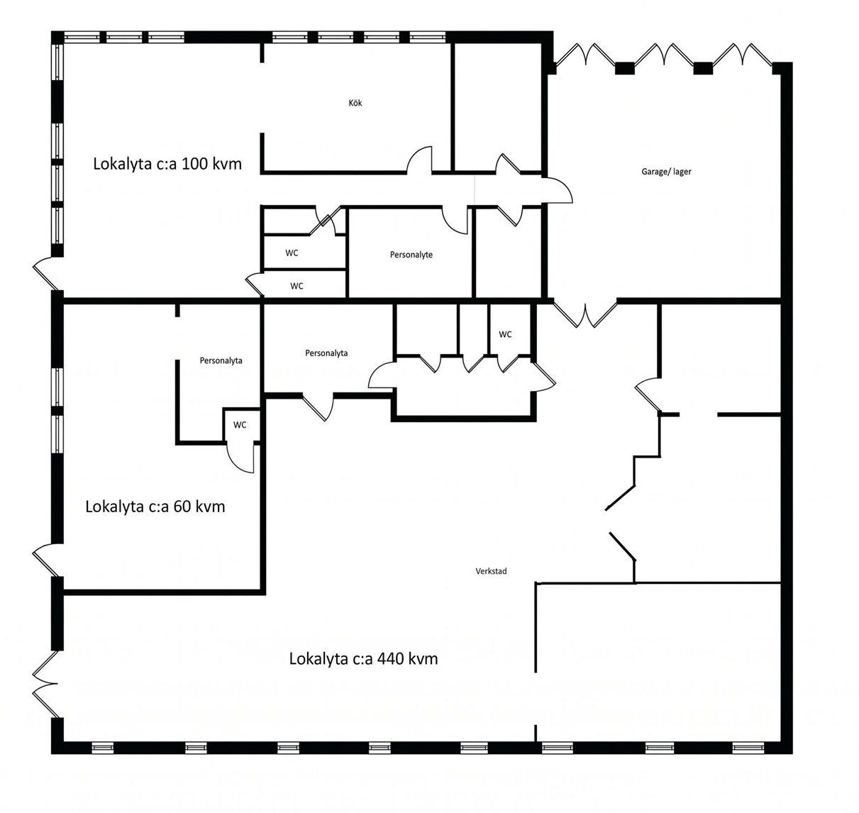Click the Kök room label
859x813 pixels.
click(x=355, y=103)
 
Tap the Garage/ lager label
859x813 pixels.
click(x=666, y=172)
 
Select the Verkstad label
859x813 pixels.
click(x=491, y=571)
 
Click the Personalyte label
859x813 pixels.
click(x=411, y=255)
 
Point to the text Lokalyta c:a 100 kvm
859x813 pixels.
click(x=167, y=164)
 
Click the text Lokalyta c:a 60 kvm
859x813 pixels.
click(x=155, y=507)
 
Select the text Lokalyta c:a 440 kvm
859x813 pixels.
click(x=363, y=659)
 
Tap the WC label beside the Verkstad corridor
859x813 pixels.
click(x=505, y=334)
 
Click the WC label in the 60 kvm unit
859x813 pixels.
click(x=240, y=425)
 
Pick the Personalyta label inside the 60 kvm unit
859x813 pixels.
click(x=221, y=360)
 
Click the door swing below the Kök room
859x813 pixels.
click(x=419, y=159)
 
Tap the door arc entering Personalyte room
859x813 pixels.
click(x=455, y=221)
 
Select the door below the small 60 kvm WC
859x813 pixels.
click(x=240, y=458)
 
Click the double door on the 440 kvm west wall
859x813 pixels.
click(x=45, y=685)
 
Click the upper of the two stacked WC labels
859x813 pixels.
click(x=292, y=253)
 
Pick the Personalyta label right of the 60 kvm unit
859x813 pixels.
click(x=326, y=353)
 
